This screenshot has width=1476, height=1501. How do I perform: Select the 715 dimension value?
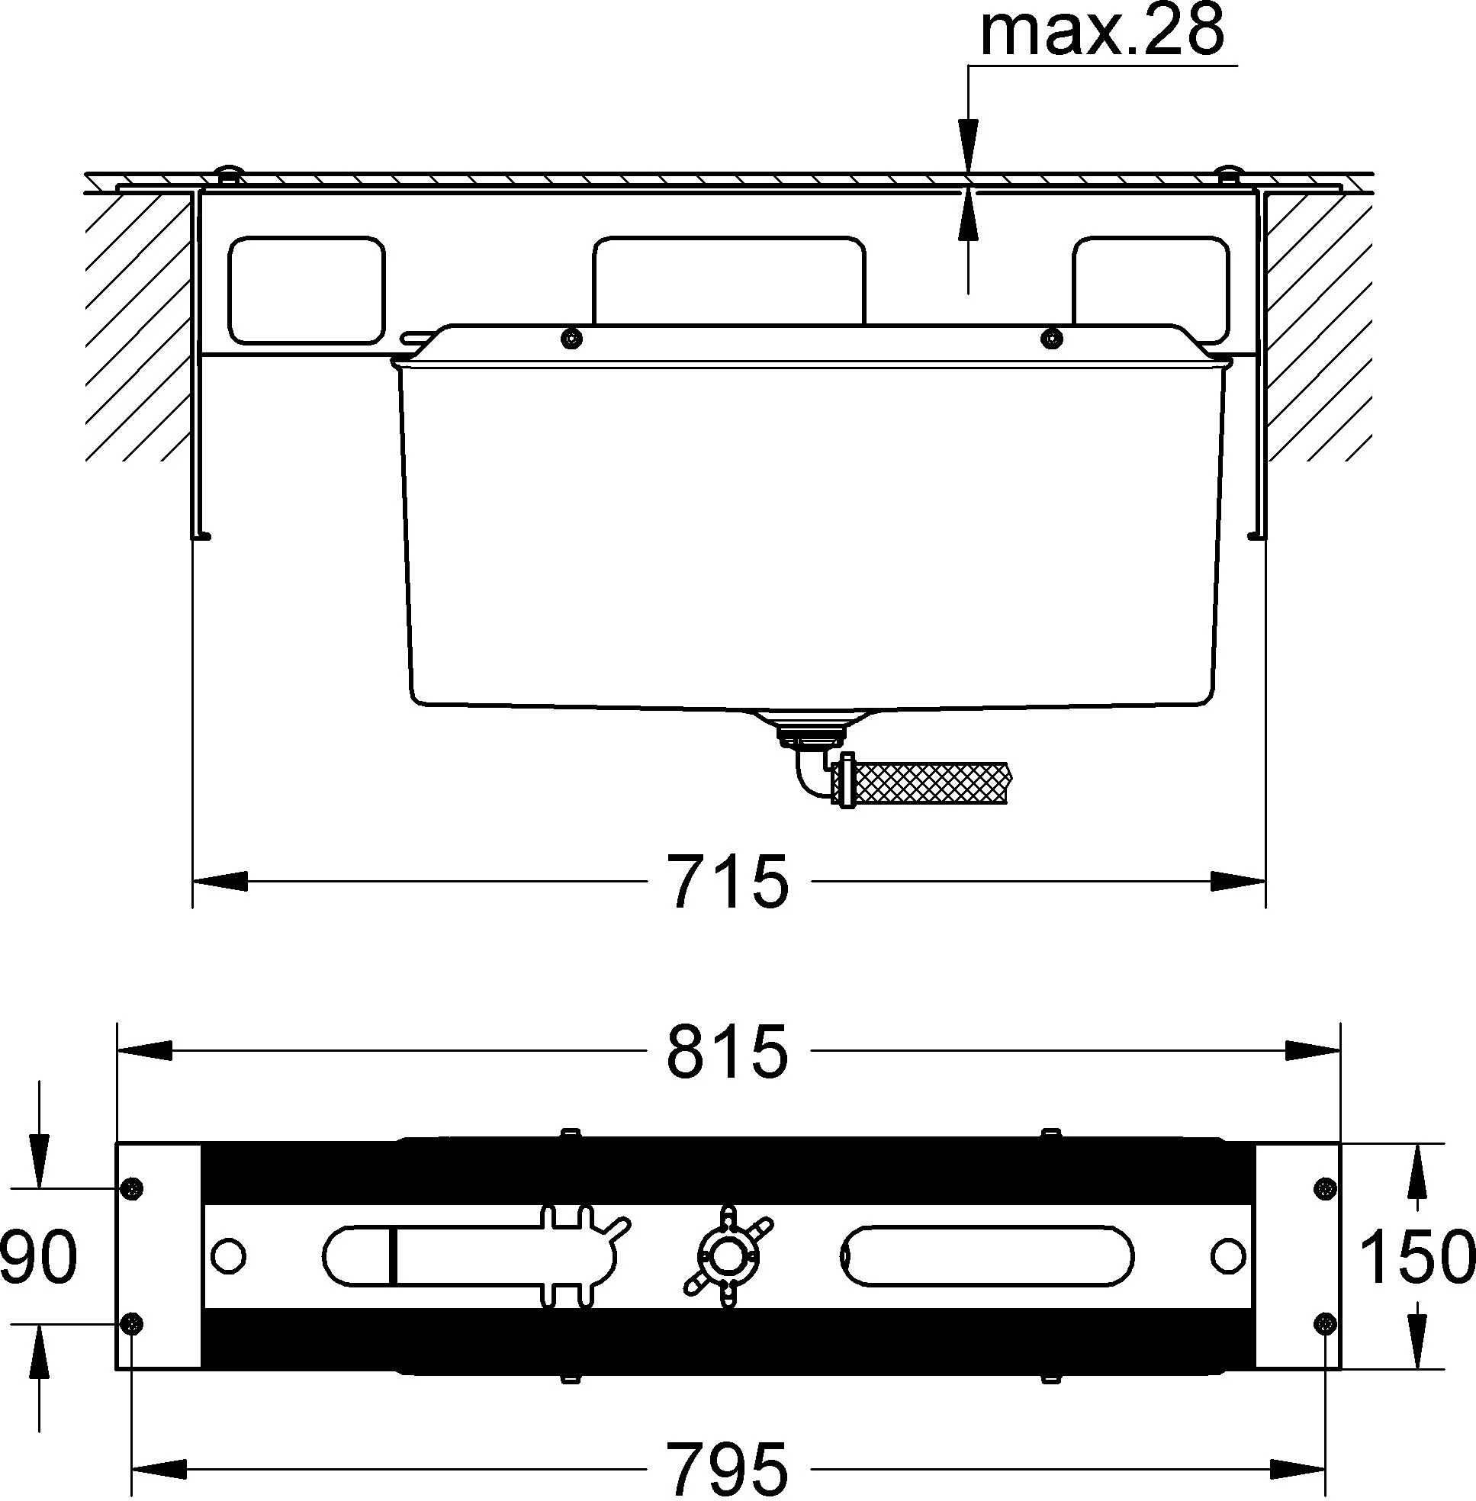coord(729,882)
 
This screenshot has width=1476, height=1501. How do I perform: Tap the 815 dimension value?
coord(728,1051)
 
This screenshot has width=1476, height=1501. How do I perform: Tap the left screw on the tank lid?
coord(572,337)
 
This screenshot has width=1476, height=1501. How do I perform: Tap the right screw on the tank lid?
coord(1050,337)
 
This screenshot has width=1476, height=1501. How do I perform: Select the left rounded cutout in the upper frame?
coord(306,290)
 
